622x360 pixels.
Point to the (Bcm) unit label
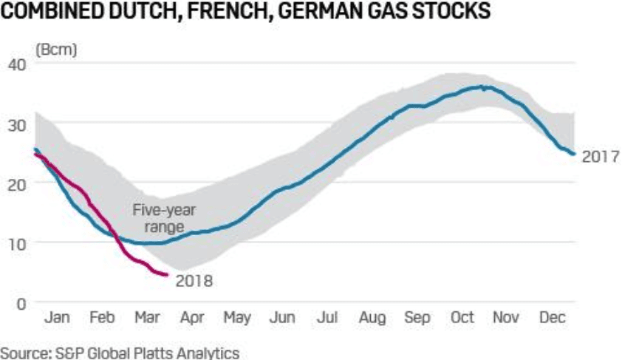(57, 50)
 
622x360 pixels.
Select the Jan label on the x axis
(58, 318)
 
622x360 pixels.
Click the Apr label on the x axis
(192, 318)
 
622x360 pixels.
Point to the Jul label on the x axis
(327, 318)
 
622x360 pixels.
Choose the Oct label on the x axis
(462, 318)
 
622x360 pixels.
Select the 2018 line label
(194, 281)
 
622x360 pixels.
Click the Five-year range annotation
(158, 219)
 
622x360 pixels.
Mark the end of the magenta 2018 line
(168, 275)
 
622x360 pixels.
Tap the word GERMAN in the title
(322, 13)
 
